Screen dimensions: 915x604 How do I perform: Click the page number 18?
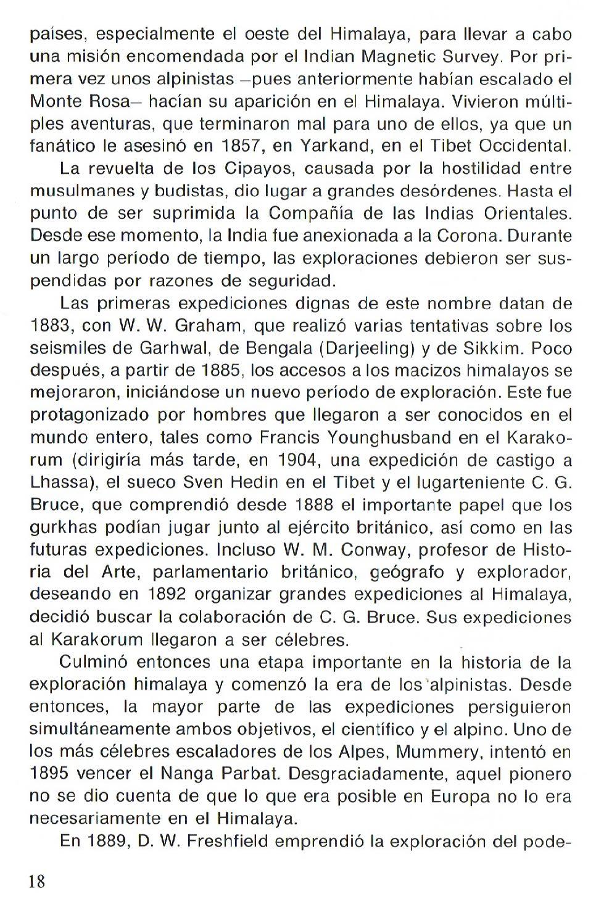coord(37,880)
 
